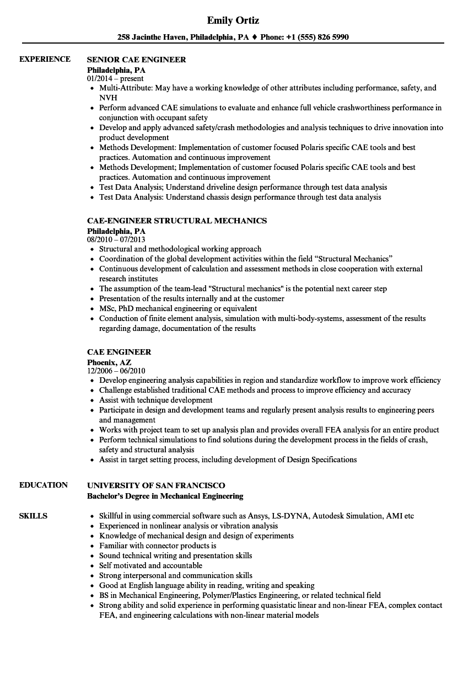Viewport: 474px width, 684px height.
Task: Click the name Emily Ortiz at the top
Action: coord(233,20)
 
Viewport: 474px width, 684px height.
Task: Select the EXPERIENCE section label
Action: coord(45,59)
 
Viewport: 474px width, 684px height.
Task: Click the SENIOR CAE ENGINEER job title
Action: coord(137,60)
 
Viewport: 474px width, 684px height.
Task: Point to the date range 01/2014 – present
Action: coord(115,78)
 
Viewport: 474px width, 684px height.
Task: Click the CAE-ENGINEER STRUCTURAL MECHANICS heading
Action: coord(177,221)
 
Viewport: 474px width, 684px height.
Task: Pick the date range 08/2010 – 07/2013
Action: coord(116,239)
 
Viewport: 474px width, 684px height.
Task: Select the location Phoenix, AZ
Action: coord(109,362)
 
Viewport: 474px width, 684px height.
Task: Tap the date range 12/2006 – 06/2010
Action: coord(116,371)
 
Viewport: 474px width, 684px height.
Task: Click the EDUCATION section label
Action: coord(44,485)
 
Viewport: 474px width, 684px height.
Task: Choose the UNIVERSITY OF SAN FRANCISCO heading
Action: coord(156,485)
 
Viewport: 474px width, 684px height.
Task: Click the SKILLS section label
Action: coord(33,516)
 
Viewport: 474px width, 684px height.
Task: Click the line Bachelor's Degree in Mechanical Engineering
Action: coord(165,496)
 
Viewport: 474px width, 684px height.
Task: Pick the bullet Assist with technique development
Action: coord(155,400)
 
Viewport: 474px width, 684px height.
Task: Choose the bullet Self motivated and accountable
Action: coord(150,565)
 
